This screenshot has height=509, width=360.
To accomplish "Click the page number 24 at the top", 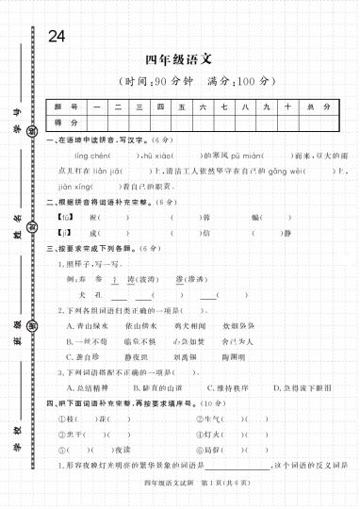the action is [56, 36].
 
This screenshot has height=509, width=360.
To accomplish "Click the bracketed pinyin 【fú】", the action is [64, 217].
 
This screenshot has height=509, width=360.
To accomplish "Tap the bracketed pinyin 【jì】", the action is [64, 232].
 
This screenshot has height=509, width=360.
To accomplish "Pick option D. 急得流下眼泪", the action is [303, 387].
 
